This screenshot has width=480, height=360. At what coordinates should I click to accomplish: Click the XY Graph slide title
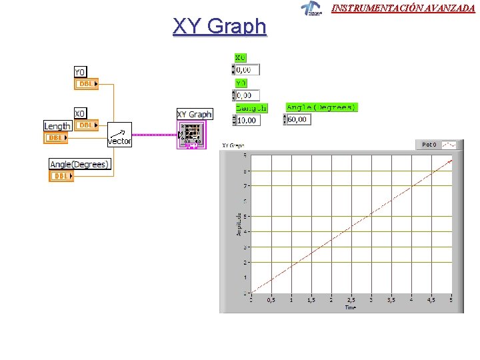pos(219,27)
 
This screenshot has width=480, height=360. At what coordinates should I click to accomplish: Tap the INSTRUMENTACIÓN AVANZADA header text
pos(403,9)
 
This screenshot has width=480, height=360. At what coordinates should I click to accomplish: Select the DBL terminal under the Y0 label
pos(86,84)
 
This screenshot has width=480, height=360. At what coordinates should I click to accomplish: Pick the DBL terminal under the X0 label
pos(86,125)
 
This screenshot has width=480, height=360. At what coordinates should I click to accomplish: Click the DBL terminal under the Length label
pos(56,137)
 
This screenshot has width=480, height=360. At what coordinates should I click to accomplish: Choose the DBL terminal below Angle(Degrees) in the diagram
pos(61,176)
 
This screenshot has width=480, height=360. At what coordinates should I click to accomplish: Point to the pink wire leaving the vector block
pos(153,134)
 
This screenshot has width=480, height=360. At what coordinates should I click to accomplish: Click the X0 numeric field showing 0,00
pos(247,69)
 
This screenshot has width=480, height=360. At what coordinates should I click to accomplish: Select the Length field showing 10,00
pos(248,120)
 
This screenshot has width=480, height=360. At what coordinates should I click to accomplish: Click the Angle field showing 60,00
pos(298,120)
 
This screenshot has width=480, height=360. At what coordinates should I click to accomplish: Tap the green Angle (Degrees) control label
pos(321,107)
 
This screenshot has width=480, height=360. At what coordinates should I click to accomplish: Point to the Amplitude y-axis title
pos(239,223)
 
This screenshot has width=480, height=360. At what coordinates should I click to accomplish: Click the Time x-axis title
pos(351,307)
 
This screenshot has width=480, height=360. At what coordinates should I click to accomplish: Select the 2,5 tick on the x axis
pos(351,300)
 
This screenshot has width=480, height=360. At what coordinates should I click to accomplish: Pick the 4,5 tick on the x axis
pos(431,300)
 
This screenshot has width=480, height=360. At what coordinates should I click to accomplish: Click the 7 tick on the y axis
pos(245,186)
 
